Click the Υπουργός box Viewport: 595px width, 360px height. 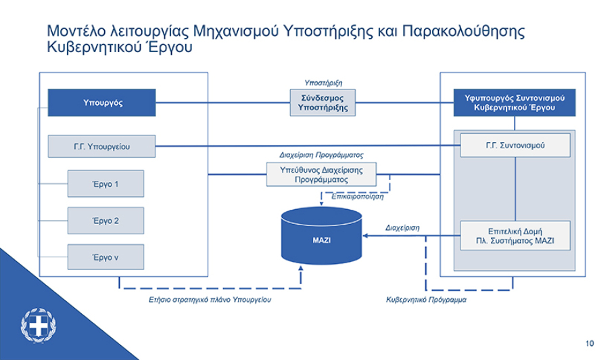[102, 103]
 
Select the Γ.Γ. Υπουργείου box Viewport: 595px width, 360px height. [102, 146]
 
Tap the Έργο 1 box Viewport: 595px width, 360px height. [105, 183]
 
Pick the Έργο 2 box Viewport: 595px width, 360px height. [105, 221]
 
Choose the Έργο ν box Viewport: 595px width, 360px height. [105, 257]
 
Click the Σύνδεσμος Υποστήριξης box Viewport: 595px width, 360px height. [323, 103]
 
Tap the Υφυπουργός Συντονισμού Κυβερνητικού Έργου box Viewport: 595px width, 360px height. [515, 103]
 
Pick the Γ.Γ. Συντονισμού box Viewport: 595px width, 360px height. [515, 145]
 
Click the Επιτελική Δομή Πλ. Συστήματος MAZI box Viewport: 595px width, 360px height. [515, 235]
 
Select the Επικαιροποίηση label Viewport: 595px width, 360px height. [358, 197]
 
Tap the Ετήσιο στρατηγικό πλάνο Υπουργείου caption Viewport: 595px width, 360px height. [210, 299]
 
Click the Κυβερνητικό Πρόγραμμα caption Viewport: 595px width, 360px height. [426, 299]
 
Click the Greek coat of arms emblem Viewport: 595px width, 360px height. [39, 325]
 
